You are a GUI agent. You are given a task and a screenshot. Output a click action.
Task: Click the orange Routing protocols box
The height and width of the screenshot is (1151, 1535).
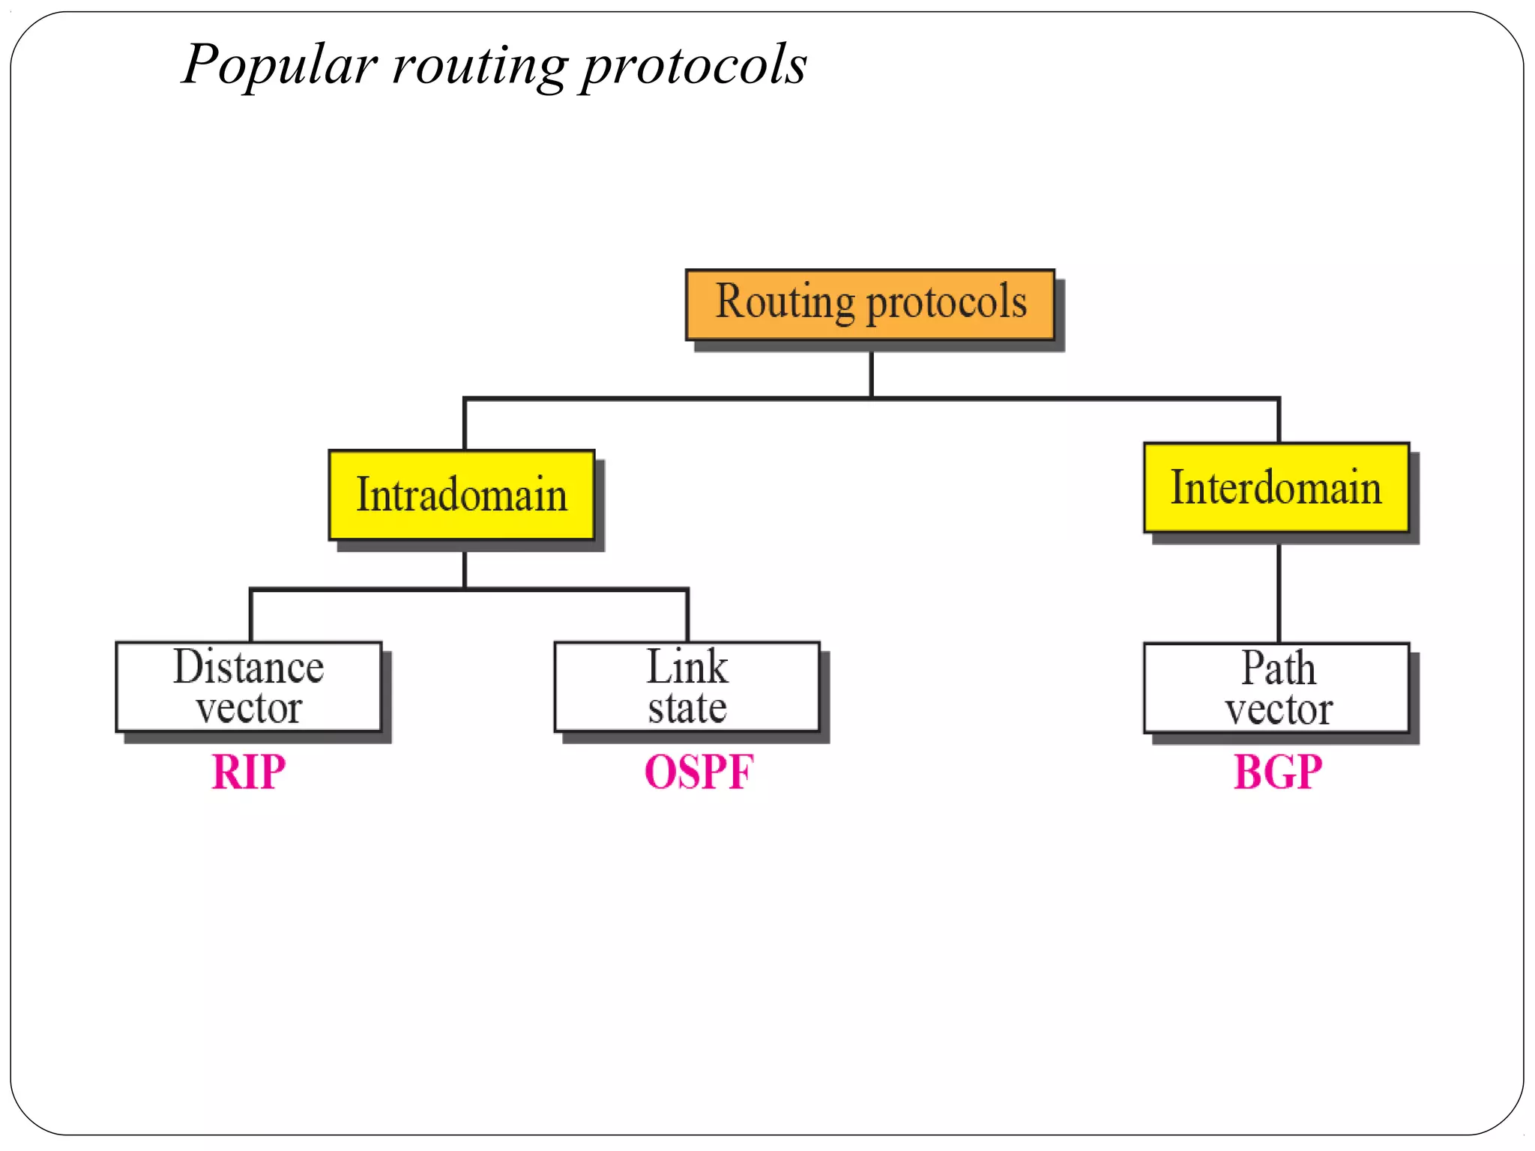point(870,305)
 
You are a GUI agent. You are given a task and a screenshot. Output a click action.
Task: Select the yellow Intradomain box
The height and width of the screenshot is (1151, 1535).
point(462,495)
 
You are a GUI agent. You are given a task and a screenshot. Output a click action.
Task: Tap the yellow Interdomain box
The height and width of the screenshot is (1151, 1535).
point(1276,488)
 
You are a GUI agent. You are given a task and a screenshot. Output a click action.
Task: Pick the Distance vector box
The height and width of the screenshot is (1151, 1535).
point(249,687)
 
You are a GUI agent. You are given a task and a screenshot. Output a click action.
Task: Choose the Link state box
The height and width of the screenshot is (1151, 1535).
point(687,687)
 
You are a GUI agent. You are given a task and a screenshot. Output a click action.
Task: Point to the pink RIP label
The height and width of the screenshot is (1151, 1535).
point(249,772)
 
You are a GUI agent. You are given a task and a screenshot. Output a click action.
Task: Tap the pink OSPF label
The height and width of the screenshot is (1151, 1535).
point(699,772)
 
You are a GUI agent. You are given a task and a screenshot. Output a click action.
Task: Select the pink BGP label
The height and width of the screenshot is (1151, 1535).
point(1278,772)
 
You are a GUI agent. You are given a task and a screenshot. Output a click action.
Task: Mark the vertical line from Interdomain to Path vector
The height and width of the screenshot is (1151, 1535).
point(1279,592)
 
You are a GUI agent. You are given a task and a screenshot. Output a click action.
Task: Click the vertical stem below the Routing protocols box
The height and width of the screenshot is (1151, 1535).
point(871,373)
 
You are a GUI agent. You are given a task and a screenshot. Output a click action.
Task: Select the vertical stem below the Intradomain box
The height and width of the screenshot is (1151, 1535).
point(465,570)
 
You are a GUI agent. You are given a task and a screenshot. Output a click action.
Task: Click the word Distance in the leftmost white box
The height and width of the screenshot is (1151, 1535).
point(249,667)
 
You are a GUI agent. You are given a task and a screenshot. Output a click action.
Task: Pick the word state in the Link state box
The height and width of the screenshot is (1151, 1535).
point(687,709)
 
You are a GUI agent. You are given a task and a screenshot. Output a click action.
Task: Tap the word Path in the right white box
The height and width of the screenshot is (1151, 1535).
point(1278,668)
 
